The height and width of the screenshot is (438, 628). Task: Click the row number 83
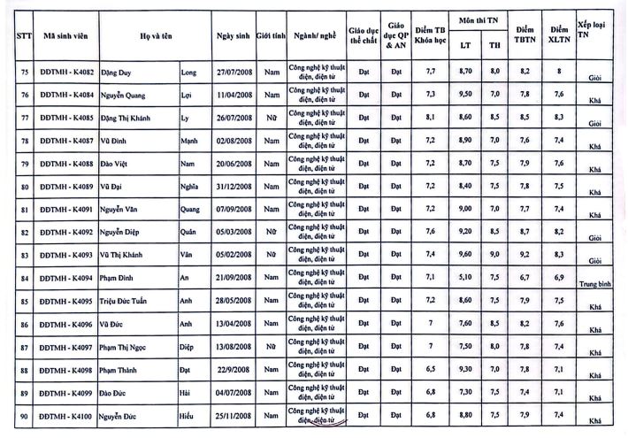tap(21, 254)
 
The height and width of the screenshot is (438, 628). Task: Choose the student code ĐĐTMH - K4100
tap(66, 415)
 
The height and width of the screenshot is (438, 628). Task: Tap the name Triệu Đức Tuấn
tap(139, 300)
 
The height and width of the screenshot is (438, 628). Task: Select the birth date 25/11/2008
tap(233, 415)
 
